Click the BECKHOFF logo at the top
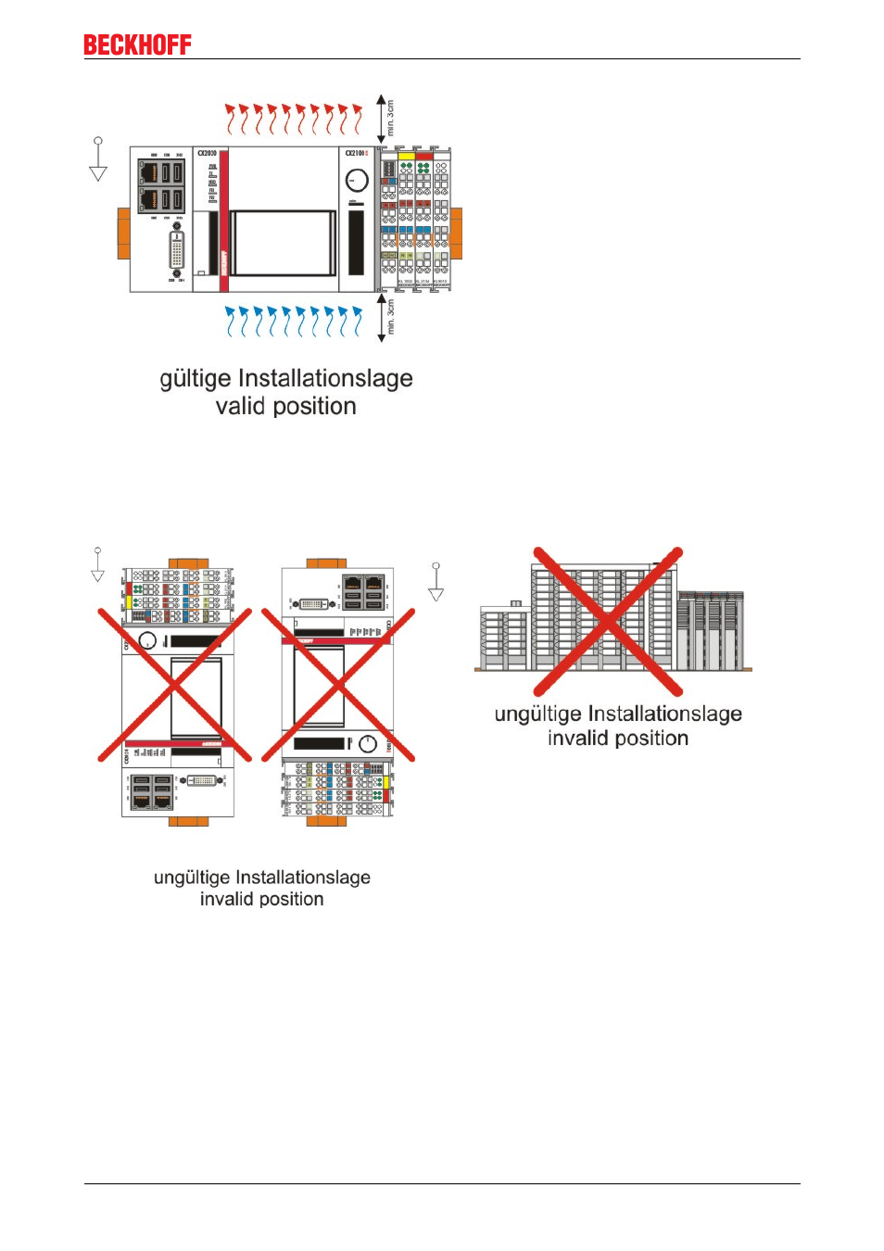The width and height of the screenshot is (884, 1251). click(x=137, y=44)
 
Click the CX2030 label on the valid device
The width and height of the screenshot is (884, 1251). click(x=207, y=153)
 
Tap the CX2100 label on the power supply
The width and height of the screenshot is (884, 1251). click(x=356, y=153)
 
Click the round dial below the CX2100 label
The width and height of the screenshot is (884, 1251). click(x=357, y=180)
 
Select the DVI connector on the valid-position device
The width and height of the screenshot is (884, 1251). click(x=176, y=250)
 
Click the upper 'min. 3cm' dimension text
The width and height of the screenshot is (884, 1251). click(x=391, y=118)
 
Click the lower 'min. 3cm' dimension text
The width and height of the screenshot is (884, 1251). click(x=391, y=317)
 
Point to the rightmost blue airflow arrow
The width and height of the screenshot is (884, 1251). click(x=357, y=321)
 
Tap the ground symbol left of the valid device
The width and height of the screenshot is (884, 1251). click(x=98, y=159)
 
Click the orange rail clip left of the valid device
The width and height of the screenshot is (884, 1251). click(x=123, y=234)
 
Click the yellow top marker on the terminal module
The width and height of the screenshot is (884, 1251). click(x=406, y=156)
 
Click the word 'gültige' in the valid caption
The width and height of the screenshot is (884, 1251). click(x=196, y=378)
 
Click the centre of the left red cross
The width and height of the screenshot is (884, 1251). click(x=174, y=685)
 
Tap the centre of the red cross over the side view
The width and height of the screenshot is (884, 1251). click(x=608, y=622)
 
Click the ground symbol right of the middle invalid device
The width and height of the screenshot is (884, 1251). click(x=436, y=582)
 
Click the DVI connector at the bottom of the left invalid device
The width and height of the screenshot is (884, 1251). click(x=202, y=780)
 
